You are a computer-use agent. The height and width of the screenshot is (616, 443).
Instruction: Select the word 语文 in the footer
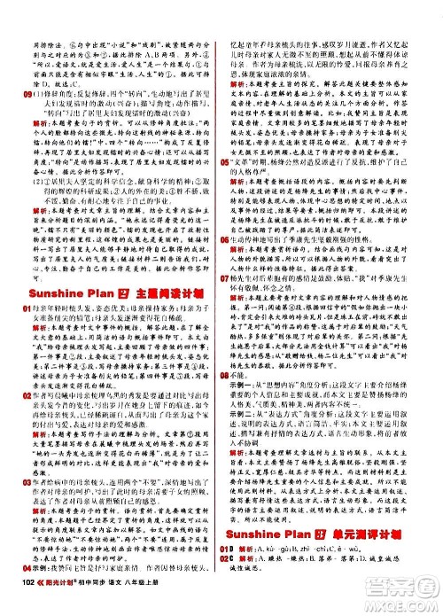148,605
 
